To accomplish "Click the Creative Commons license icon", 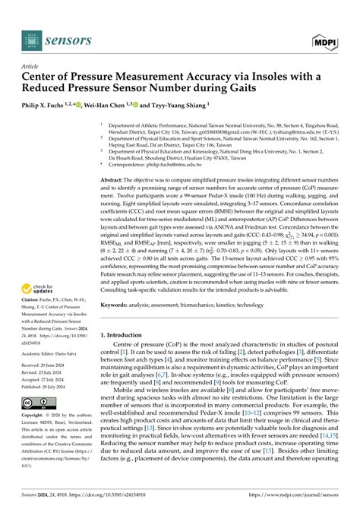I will [x=36, y=402].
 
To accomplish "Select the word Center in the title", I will [x=45, y=78].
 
